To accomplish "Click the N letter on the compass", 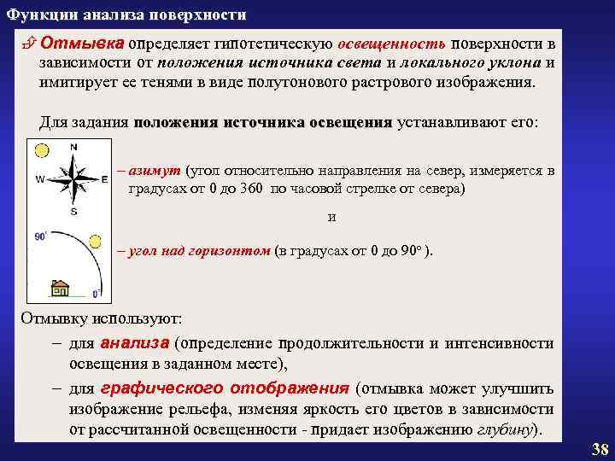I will [73, 147].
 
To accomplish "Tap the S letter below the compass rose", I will [73, 211].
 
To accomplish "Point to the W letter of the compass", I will [40, 180].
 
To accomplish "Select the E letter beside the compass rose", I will [104, 180].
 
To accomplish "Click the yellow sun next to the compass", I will [40, 151].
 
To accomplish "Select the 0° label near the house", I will [97, 293].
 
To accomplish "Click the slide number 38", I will [600, 449].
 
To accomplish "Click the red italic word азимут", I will [153, 171].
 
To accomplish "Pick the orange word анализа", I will [135, 343].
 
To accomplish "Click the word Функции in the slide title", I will [35, 15].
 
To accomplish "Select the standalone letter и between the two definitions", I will [332, 217].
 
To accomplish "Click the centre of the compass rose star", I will [73, 179].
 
